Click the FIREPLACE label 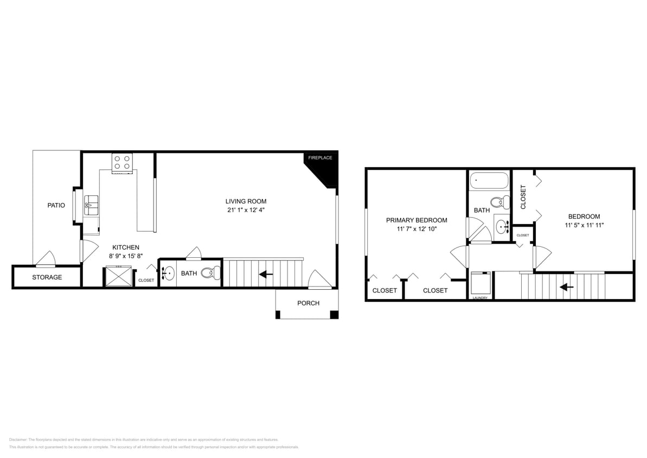click(x=320, y=157)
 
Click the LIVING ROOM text click(x=246, y=201)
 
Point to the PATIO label click(x=56, y=205)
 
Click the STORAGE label click(x=47, y=277)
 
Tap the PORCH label click(x=308, y=303)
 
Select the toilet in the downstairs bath click(x=207, y=273)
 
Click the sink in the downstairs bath click(x=168, y=272)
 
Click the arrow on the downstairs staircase click(x=266, y=275)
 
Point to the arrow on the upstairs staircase click(x=567, y=287)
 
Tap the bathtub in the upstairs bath click(x=489, y=180)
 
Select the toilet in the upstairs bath click(x=504, y=202)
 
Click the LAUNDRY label click(x=480, y=298)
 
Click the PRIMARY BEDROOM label click(x=417, y=220)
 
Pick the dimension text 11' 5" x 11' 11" click(x=584, y=225)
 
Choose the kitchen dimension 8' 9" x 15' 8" click(x=125, y=256)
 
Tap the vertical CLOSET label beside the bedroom click(x=523, y=197)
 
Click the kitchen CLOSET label click(x=146, y=281)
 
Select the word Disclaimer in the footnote click(x=18, y=440)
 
